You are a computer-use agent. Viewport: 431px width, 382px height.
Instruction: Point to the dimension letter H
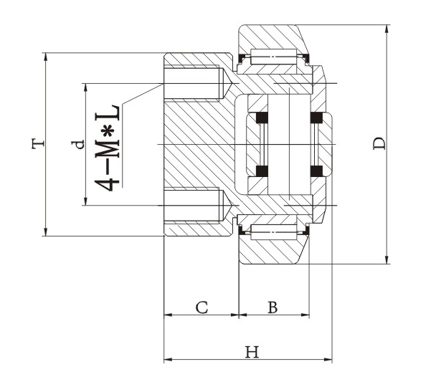coord(250,352)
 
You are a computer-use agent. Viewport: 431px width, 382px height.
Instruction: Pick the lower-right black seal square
coord(316,171)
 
